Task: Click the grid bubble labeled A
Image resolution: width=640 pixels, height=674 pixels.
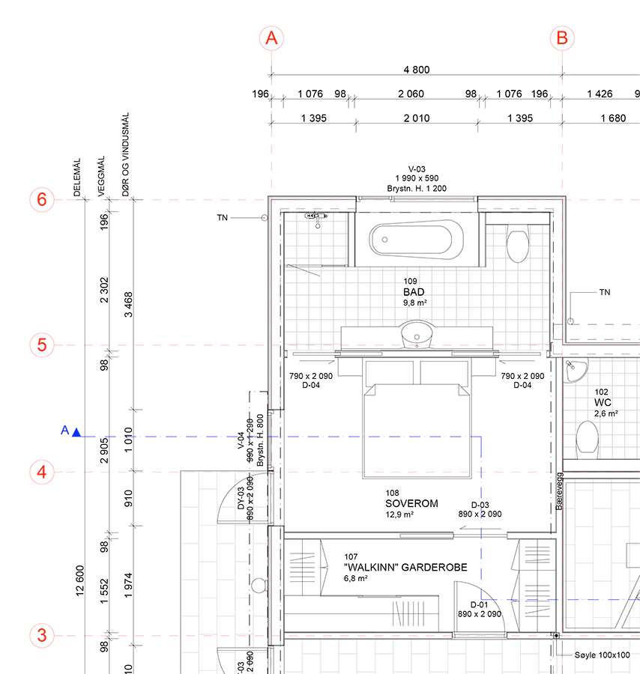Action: coord(271,37)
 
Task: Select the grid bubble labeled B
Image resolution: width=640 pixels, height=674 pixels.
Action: coord(562,37)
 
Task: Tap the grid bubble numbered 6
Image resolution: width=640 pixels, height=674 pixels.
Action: coord(42,200)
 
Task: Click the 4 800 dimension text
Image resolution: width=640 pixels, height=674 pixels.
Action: coord(417,70)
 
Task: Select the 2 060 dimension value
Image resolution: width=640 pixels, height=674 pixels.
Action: coord(412,94)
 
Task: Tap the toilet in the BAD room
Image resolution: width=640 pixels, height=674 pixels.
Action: coord(517,243)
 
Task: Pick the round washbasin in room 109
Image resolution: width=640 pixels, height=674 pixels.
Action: coord(415,335)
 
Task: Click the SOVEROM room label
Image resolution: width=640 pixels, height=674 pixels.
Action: coord(411,504)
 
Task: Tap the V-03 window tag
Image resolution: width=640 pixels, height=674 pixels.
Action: coord(417,170)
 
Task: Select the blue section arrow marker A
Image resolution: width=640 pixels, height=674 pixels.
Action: coord(76,431)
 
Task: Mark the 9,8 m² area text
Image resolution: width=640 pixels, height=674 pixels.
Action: coord(414,303)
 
